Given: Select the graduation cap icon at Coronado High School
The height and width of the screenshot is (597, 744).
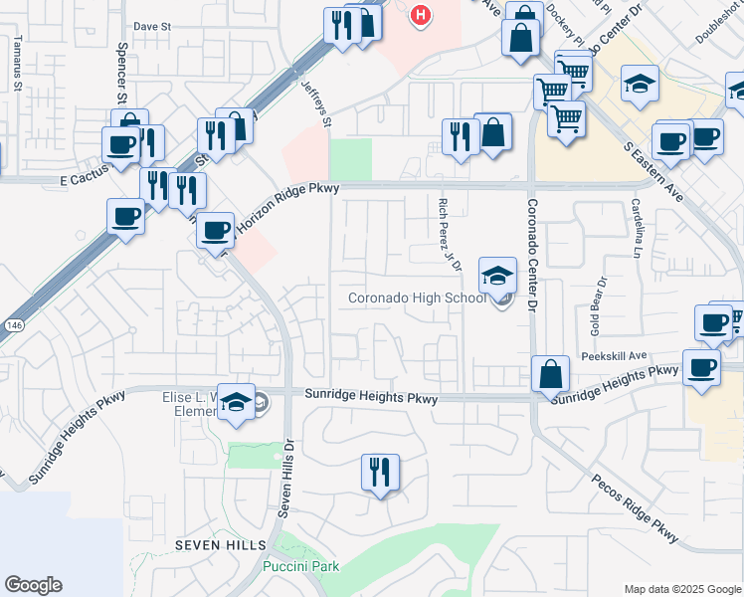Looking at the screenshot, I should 497,276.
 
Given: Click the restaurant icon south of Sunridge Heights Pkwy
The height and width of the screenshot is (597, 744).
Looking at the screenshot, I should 380,472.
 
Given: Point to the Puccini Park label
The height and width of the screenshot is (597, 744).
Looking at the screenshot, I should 300,566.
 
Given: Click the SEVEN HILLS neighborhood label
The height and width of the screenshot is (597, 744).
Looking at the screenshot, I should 221,545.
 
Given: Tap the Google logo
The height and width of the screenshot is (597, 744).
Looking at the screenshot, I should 33,584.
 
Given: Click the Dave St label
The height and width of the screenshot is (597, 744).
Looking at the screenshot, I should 152,27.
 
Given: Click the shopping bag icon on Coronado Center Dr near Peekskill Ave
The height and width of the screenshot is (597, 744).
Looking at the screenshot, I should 550,375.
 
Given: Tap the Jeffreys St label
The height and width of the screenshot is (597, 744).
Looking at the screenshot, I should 317,104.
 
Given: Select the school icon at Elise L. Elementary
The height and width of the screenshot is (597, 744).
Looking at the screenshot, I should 237,401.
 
